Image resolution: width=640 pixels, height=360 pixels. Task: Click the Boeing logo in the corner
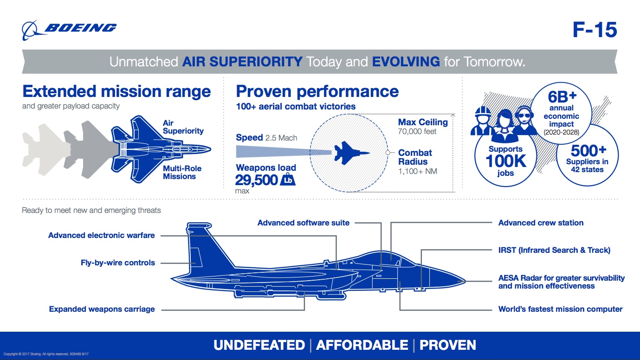[x=69, y=29]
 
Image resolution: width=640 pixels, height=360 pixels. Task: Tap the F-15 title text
[x=595, y=30]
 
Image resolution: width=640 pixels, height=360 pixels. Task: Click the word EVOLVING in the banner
[x=406, y=62]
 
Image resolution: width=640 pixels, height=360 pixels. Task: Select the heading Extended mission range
[x=116, y=91]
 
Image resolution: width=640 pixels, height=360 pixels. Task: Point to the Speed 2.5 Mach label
[x=266, y=138]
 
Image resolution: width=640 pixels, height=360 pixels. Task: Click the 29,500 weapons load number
[x=256, y=180]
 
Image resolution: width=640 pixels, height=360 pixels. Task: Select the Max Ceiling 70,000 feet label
[x=422, y=127]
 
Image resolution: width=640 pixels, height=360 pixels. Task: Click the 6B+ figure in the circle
[x=562, y=97]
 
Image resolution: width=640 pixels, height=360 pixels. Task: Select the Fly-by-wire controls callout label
[x=118, y=263]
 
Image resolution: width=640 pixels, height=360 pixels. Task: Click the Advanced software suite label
[x=304, y=223]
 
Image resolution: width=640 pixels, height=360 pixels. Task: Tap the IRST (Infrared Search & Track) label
[x=554, y=250]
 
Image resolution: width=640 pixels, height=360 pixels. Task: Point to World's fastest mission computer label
[x=560, y=309]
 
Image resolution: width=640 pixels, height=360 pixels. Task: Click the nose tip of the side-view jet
[x=465, y=281]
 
